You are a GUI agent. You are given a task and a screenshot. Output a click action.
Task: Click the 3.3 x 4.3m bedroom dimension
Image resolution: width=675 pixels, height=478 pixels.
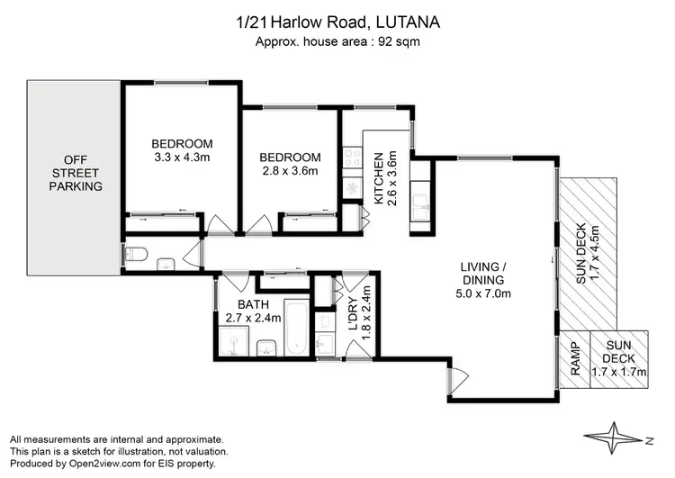point(182,158)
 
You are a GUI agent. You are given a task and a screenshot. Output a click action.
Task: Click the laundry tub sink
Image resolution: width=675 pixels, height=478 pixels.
point(325,343)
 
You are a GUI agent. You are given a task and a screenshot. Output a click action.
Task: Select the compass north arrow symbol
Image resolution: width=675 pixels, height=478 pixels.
point(623,438)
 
